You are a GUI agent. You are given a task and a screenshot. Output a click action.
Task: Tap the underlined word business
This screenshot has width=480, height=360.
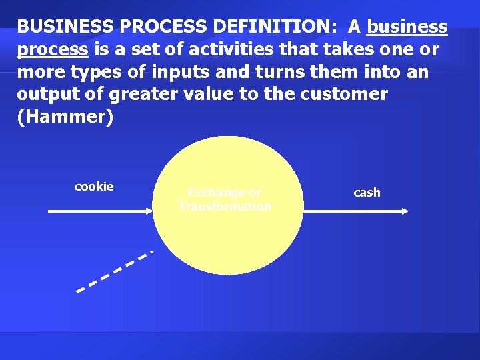click(x=407, y=26)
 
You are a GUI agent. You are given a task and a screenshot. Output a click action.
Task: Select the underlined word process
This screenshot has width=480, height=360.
click(x=52, y=49)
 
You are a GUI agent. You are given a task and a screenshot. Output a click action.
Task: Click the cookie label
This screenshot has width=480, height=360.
click(x=94, y=187)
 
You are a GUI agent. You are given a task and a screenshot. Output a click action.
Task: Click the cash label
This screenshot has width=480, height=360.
click(x=367, y=193)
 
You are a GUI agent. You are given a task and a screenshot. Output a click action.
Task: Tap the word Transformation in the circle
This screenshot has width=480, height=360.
click(x=225, y=207)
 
